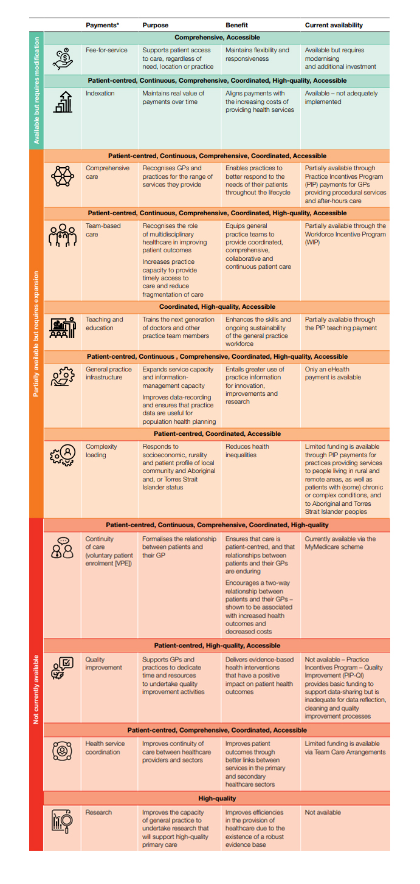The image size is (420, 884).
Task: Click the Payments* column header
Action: coord(102,25)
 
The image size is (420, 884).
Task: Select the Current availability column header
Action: coord(334,25)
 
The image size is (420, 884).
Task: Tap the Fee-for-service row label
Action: coord(106,50)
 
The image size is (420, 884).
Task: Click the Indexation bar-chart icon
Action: coord(63,102)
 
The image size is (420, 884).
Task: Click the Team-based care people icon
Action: coord(63,237)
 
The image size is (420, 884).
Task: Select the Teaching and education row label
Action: coord(105,323)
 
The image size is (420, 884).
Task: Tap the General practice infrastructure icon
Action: coord(63,378)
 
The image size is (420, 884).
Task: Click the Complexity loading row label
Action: coord(102,451)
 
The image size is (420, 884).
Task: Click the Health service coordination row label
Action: coord(105,747)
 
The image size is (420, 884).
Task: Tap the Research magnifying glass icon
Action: coord(63,821)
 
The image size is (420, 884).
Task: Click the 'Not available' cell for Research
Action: coord(323,812)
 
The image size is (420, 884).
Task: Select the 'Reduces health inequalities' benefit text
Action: coord(247,451)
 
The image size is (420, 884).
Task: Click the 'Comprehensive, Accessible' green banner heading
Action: coord(217,38)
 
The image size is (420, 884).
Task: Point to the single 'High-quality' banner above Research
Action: coord(217,798)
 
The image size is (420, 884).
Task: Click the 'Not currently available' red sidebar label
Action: coord(36,689)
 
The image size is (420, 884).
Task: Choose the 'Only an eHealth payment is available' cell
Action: coord(332,373)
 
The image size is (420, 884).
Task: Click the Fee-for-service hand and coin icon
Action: coord(63,58)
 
